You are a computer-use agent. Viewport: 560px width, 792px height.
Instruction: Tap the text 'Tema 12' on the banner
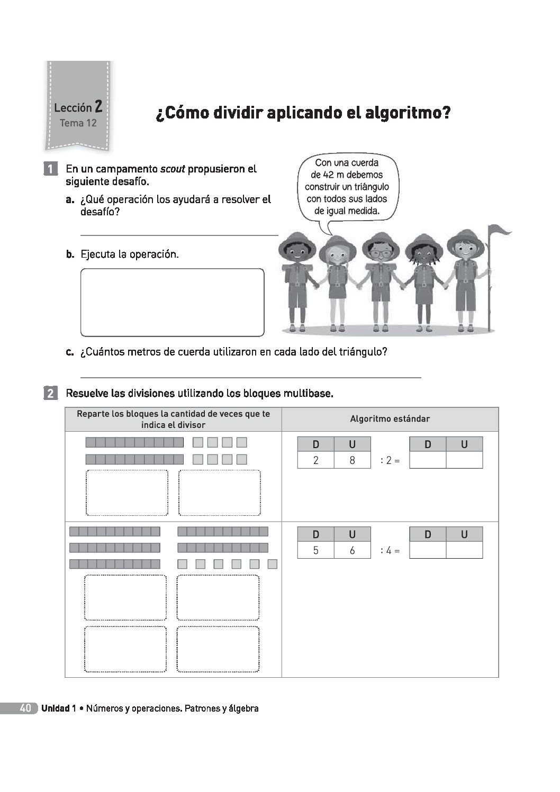point(78,123)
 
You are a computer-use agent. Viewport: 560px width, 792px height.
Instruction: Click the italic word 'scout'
point(173,169)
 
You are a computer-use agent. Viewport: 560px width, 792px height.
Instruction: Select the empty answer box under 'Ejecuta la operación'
point(172,302)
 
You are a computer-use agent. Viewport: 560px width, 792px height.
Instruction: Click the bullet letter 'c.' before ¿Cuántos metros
point(70,352)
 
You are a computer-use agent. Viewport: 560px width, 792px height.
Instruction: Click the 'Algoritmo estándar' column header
point(390,419)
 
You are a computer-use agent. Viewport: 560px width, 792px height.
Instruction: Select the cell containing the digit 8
point(352,460)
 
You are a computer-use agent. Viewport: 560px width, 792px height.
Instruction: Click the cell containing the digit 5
point(315,550)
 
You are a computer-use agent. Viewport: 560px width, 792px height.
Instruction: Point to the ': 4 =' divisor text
point(390,551)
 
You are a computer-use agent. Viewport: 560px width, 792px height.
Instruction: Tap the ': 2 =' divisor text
point(390,460)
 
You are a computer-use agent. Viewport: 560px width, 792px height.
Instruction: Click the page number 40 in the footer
point(25,708)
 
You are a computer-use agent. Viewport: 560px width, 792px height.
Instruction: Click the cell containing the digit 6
point(352,550)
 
